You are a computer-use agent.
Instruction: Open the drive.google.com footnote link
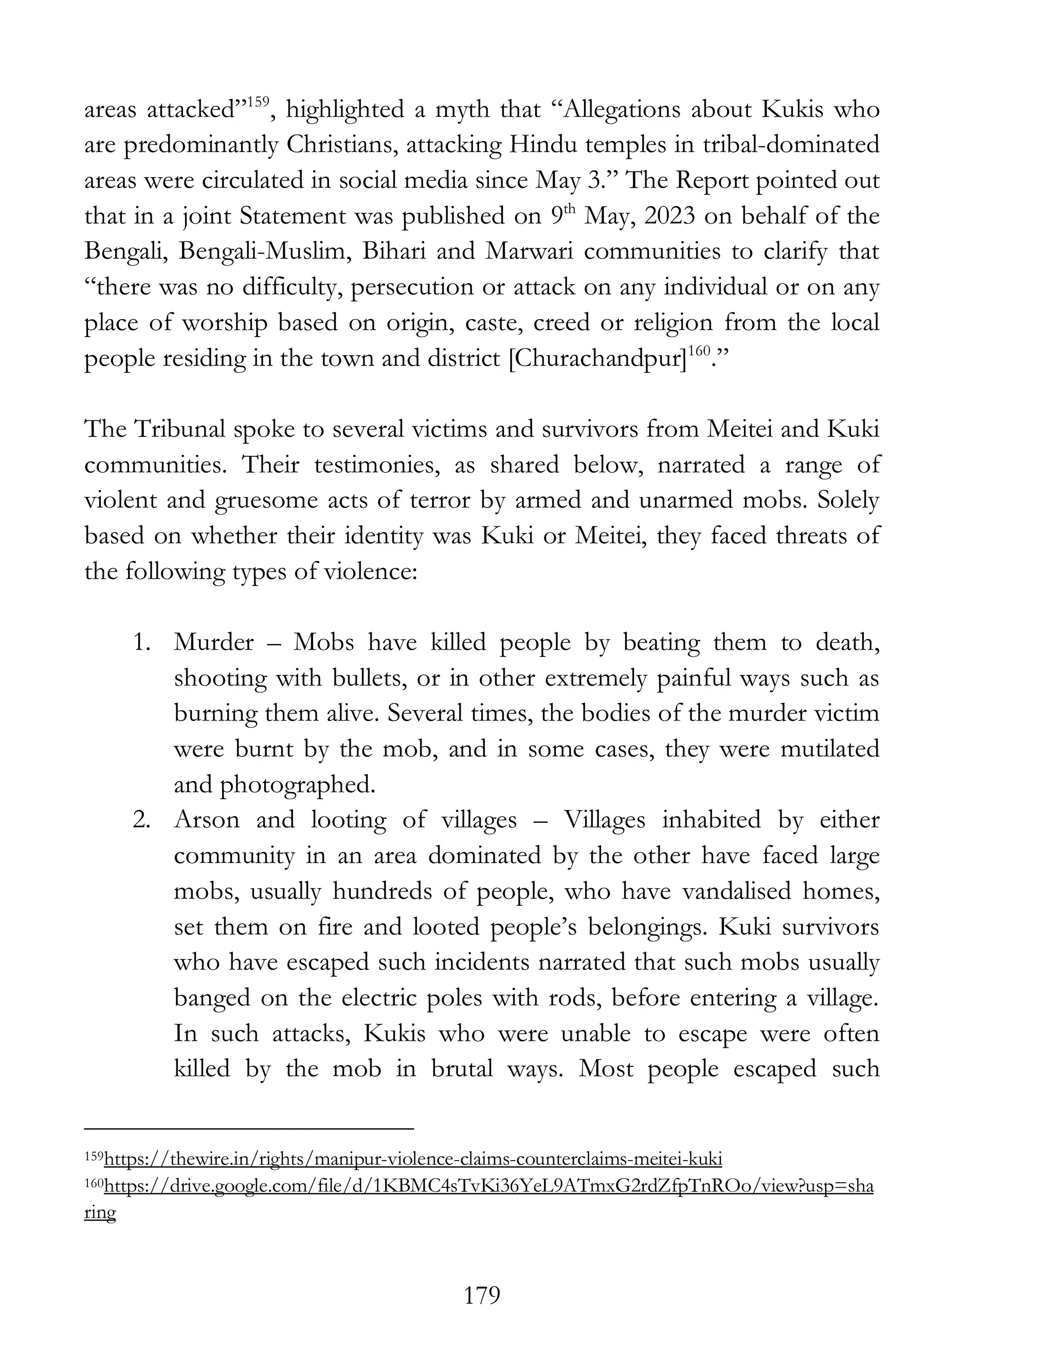488,1186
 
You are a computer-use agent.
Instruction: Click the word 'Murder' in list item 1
214,642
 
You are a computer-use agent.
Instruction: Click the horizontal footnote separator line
248,1128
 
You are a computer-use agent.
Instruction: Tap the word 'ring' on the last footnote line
100,1213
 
